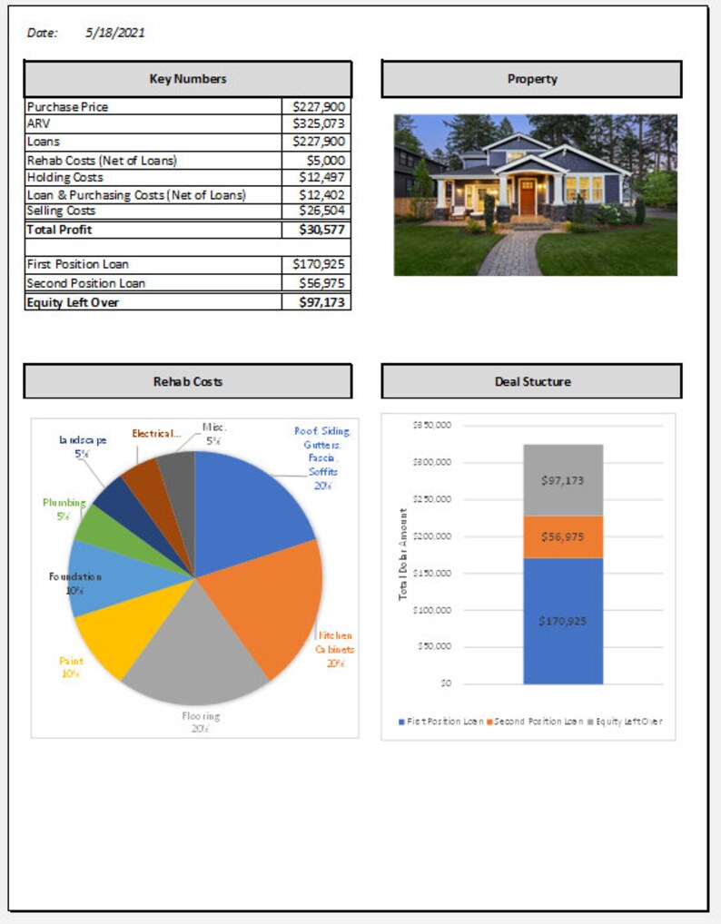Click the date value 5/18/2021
(115, 33)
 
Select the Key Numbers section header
(188, 79)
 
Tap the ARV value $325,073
(318, 123)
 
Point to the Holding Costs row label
(65, 177)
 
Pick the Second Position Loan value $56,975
(318, 283)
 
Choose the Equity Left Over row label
(74, 302)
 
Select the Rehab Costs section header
(188, 381)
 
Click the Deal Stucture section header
(532, 381)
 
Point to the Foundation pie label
(74, 576)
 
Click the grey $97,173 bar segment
(563, 480)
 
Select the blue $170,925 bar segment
(563, 621)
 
